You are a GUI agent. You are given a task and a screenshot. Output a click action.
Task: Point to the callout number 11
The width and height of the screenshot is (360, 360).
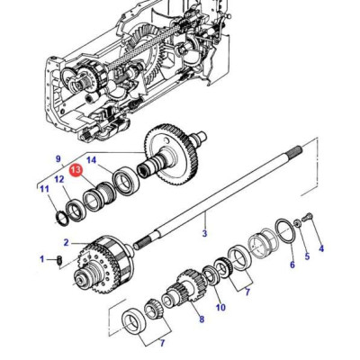point(43,188)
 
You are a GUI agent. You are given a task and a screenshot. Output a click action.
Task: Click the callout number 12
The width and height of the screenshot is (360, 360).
point(60,180)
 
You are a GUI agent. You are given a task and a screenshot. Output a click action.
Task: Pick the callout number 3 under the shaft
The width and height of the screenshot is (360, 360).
point(204,234)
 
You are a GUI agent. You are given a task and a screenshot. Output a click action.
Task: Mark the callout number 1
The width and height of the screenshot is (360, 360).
point(41,259)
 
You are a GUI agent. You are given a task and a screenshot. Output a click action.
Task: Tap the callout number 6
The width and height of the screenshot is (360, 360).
point(291,265)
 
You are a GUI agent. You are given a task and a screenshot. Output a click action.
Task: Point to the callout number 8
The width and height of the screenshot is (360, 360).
point(201,319)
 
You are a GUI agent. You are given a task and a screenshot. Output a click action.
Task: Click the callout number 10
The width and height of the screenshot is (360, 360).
point(220,307)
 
